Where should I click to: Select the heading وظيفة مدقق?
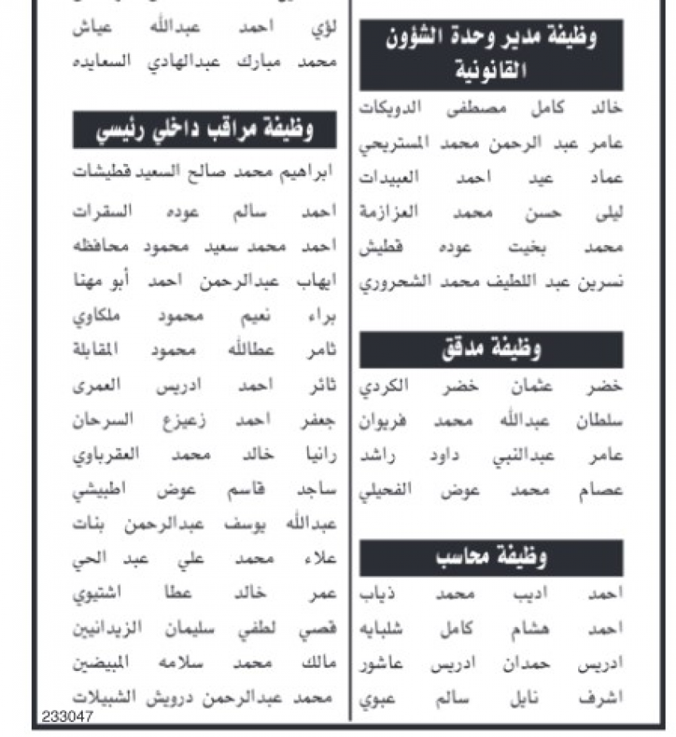click(x=491, y=349)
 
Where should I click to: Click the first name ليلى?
click(x=604, y=213)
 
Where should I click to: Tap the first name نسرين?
click(x=599, y=282)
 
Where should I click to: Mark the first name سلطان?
click(x=600, y=422)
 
